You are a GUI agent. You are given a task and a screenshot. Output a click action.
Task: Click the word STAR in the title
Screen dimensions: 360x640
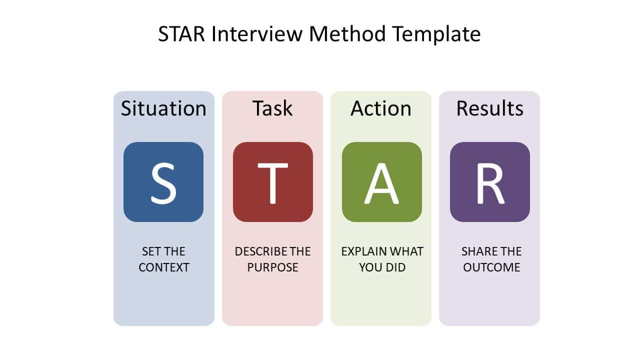[x=181, y=34]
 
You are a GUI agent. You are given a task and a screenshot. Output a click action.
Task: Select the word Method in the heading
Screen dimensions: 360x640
[x=347, y=34]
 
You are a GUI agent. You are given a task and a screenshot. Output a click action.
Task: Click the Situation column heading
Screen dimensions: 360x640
[x=163, y=108]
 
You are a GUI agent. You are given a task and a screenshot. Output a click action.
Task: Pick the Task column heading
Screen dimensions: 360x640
[x=272, y=108]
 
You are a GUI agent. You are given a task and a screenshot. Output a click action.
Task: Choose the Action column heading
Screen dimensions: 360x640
[x=381, y=108]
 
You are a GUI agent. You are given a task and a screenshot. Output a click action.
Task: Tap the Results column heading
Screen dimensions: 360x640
[x=489, y=108]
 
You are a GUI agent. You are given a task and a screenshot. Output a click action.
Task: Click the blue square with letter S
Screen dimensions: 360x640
[x=163, y=182]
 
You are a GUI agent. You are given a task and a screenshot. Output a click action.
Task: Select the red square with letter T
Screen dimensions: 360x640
[x=273, y=182]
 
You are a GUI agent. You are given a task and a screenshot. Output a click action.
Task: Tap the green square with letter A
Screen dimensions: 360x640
[x=382, y=182]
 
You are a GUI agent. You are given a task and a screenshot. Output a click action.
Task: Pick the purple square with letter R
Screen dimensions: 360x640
[x=490, y=182]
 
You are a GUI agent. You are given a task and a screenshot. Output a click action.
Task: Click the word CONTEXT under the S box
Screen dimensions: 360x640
[x=164, y=267]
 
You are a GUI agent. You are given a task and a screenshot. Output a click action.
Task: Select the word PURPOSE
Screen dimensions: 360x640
[x=272, y=267]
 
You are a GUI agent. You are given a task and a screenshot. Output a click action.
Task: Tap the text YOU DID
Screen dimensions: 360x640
[x=382, y=267]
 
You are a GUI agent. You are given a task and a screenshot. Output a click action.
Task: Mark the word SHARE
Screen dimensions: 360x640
[x=477, y=251]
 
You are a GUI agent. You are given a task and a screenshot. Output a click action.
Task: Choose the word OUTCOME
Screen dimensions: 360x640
[x=491, y=267]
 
